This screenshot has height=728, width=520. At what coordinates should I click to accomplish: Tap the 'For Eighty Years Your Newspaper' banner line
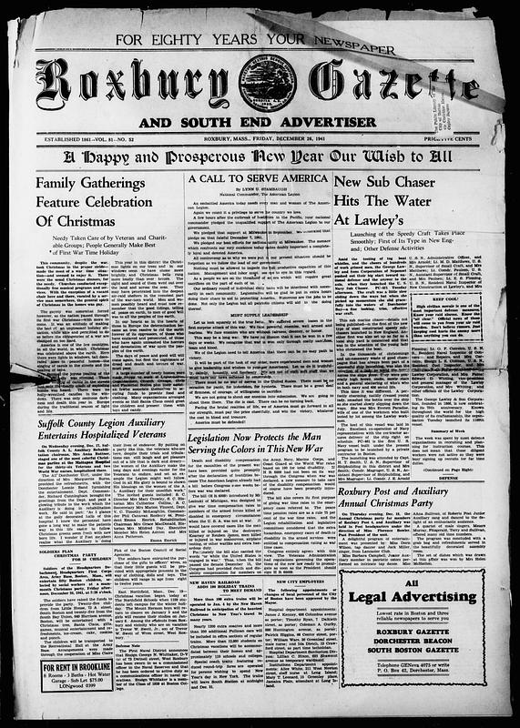coord(259,41)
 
